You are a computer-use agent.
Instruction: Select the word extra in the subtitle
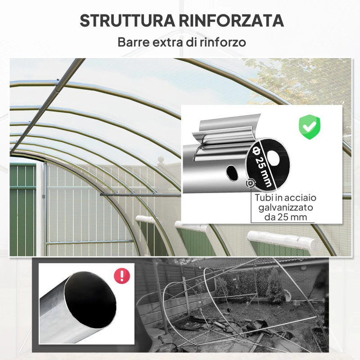coord(168,43)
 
